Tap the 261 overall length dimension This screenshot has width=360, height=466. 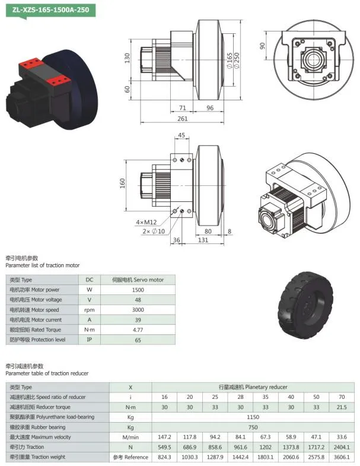pos(183,119)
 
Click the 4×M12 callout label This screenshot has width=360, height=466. pos(146,223)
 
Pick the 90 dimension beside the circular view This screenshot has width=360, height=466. pos(262,46)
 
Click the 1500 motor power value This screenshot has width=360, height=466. pos(138,290)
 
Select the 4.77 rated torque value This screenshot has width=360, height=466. pos(138,329)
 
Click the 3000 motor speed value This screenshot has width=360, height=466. pos(138,310)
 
